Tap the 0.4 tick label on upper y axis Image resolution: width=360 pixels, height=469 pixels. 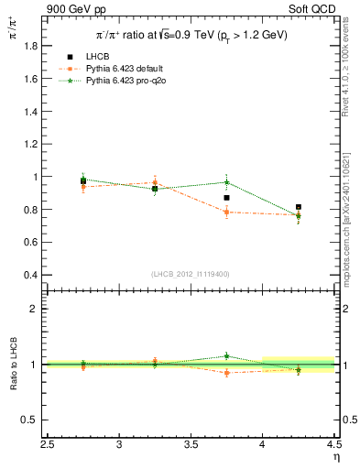click(30, 275)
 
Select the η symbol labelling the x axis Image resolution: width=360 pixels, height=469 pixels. click(336, 458)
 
